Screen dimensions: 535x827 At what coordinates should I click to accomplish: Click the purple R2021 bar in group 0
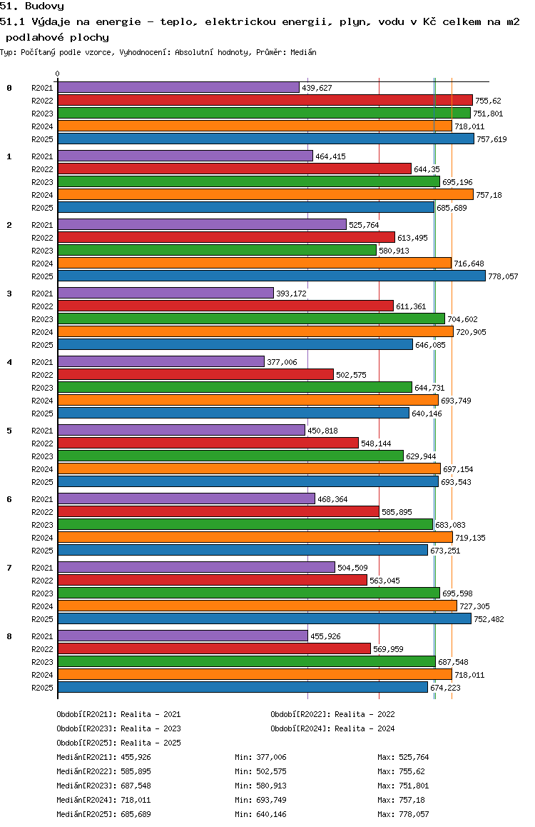click(178, 88)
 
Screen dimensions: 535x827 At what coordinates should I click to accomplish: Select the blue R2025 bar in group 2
click(272, 276)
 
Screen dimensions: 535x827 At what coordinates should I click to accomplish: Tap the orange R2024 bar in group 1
click(265, 195)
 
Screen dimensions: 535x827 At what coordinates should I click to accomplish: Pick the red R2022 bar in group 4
click(196, 374)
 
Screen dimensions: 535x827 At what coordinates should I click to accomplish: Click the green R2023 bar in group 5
click(230, 456)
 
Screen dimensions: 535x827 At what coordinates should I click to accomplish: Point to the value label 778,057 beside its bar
click(503, 276)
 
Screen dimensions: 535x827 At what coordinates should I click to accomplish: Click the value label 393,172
click(291, 294)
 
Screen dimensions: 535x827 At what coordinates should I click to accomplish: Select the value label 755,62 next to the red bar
click(488, 101)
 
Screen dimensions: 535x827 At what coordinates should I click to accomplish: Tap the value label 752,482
click(489, 619)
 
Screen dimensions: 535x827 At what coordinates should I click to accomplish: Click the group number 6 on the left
click(9, 499)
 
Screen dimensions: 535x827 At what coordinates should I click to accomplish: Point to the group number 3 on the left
click(9, 294)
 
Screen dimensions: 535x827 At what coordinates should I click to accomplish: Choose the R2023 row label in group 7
click(42, 593)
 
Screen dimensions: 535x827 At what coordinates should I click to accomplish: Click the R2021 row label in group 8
click(42, 636)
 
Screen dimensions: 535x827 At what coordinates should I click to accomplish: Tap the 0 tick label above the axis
click(57, 74)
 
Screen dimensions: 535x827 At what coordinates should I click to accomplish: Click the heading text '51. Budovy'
click(32, 6)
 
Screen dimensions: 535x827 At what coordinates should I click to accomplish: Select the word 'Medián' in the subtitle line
click(303, 52)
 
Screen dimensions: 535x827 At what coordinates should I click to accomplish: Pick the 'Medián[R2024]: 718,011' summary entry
click(103, 800)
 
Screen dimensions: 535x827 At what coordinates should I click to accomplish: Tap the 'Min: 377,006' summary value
click(260, 757)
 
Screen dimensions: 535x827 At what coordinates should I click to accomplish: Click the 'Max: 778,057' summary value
click(403, 814)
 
